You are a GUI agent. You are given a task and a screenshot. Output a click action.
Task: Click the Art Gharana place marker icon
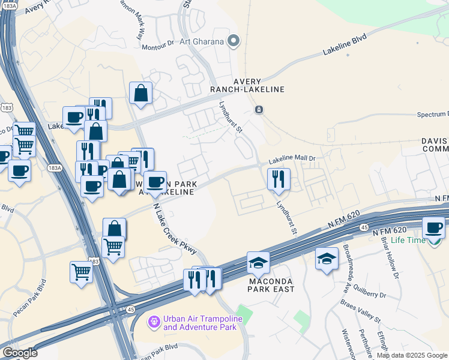pos(234,41)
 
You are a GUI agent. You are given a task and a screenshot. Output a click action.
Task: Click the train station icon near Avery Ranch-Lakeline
pos(259,110)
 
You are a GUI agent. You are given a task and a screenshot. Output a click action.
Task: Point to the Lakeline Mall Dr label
pos(292,159)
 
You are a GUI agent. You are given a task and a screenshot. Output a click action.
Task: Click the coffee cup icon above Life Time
pos(433,228)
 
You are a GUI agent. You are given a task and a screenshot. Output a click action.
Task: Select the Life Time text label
pos(408,241)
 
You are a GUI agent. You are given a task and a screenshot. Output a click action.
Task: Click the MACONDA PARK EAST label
pos(271,285)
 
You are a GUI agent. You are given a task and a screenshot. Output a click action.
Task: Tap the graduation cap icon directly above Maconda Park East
pos(258,262)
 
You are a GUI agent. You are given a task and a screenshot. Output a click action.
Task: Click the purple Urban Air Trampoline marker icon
pos(155,323)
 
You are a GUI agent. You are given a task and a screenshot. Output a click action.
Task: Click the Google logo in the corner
pos(19,353)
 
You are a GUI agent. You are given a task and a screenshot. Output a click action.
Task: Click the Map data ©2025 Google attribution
pos(412,355)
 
